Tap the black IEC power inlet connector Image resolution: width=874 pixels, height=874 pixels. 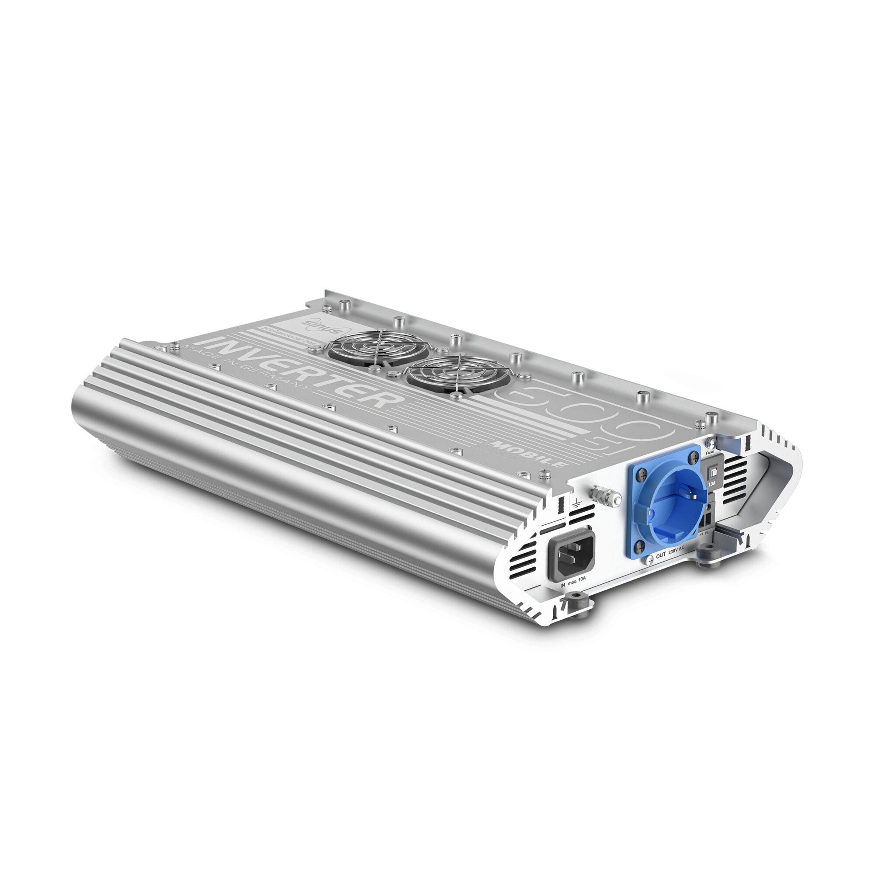coord(570,554)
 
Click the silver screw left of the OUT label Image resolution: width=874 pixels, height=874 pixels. coord(650,560)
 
